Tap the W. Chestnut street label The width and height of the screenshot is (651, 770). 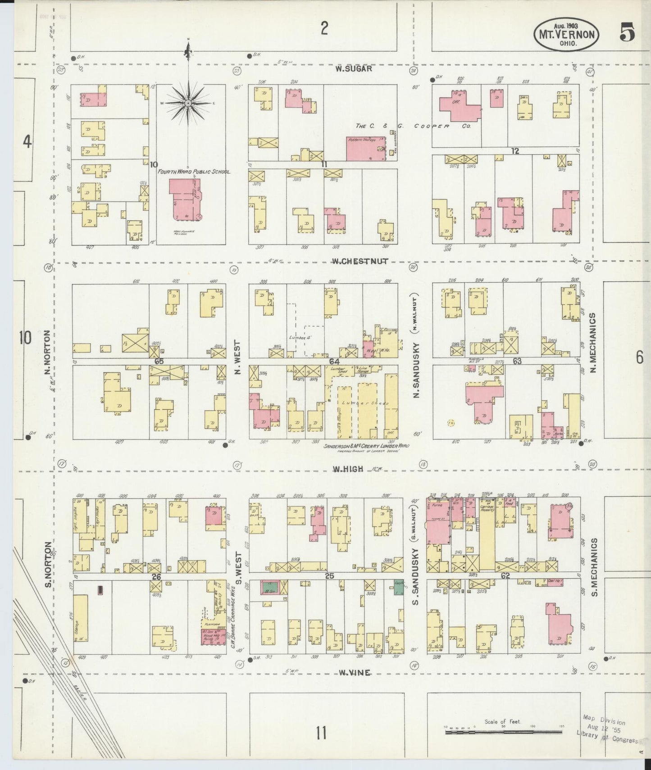click(x=360, y=262)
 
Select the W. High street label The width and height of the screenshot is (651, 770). click(x=348, y=469)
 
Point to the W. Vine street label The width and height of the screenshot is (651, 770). click(x=355, y=673)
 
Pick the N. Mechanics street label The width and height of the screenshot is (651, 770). click(x=593, y=342)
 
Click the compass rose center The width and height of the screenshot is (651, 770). click(x=188, y=103)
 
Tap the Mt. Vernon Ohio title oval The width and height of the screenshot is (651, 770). click(x=566, y=34)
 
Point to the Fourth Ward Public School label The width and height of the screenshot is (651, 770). click(x=194, y=172)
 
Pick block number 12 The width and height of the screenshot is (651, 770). click(x=515, y=151)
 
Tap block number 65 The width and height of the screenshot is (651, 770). click(x=158, y=361)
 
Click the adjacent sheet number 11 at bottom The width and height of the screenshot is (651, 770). click(x=321, y=733)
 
